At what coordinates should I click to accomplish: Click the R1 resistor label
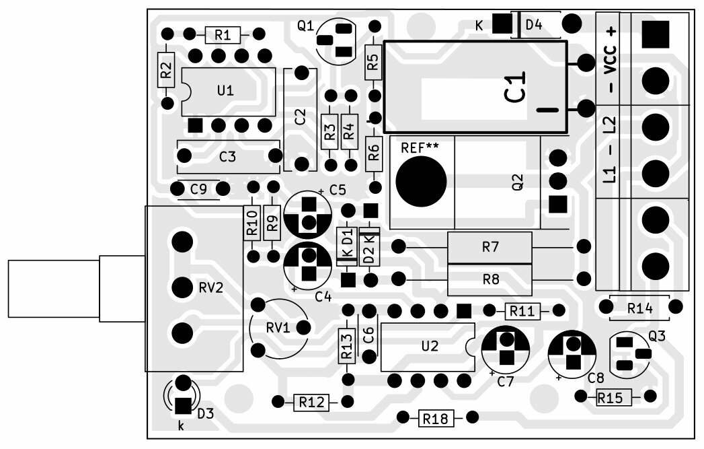click(x=223, y=34)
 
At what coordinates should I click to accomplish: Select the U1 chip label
click(x=226, y=91)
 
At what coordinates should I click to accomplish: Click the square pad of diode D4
click(x=501, y=24)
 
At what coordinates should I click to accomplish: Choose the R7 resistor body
click(x=490, y=248)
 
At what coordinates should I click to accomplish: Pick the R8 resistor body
click(x=490, y=277)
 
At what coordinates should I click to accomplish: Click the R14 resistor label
click(x=639, y=308)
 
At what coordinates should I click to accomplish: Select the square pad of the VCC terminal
click(x=654, y=34)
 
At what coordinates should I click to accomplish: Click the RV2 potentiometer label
click(x=210, y=287)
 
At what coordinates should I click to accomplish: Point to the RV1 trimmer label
click(x=278, y=328)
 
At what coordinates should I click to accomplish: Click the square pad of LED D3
click(x=182, y=406)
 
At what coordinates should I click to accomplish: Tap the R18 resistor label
click(x=436, y=419)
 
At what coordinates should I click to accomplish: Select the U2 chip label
click(x=430, y=346)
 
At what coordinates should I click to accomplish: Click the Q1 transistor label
click(x=305, y=26)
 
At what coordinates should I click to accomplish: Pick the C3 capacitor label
click(x=228, y=157)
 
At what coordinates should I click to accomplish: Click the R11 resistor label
click(x=522, y=311)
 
